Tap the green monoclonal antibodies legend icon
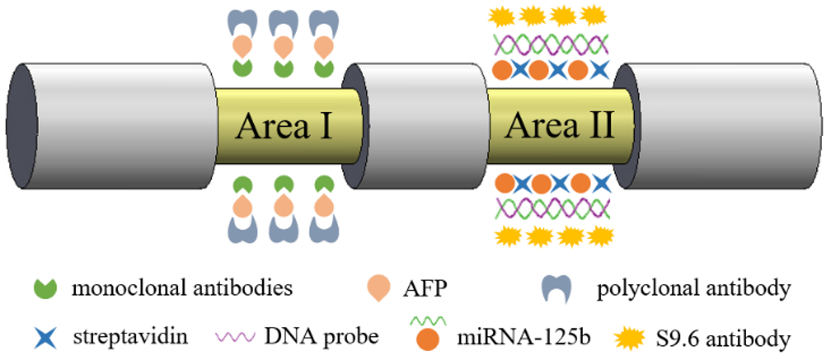[44, 288]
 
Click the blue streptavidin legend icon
[44, 337]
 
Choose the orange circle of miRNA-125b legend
[429, 341]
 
